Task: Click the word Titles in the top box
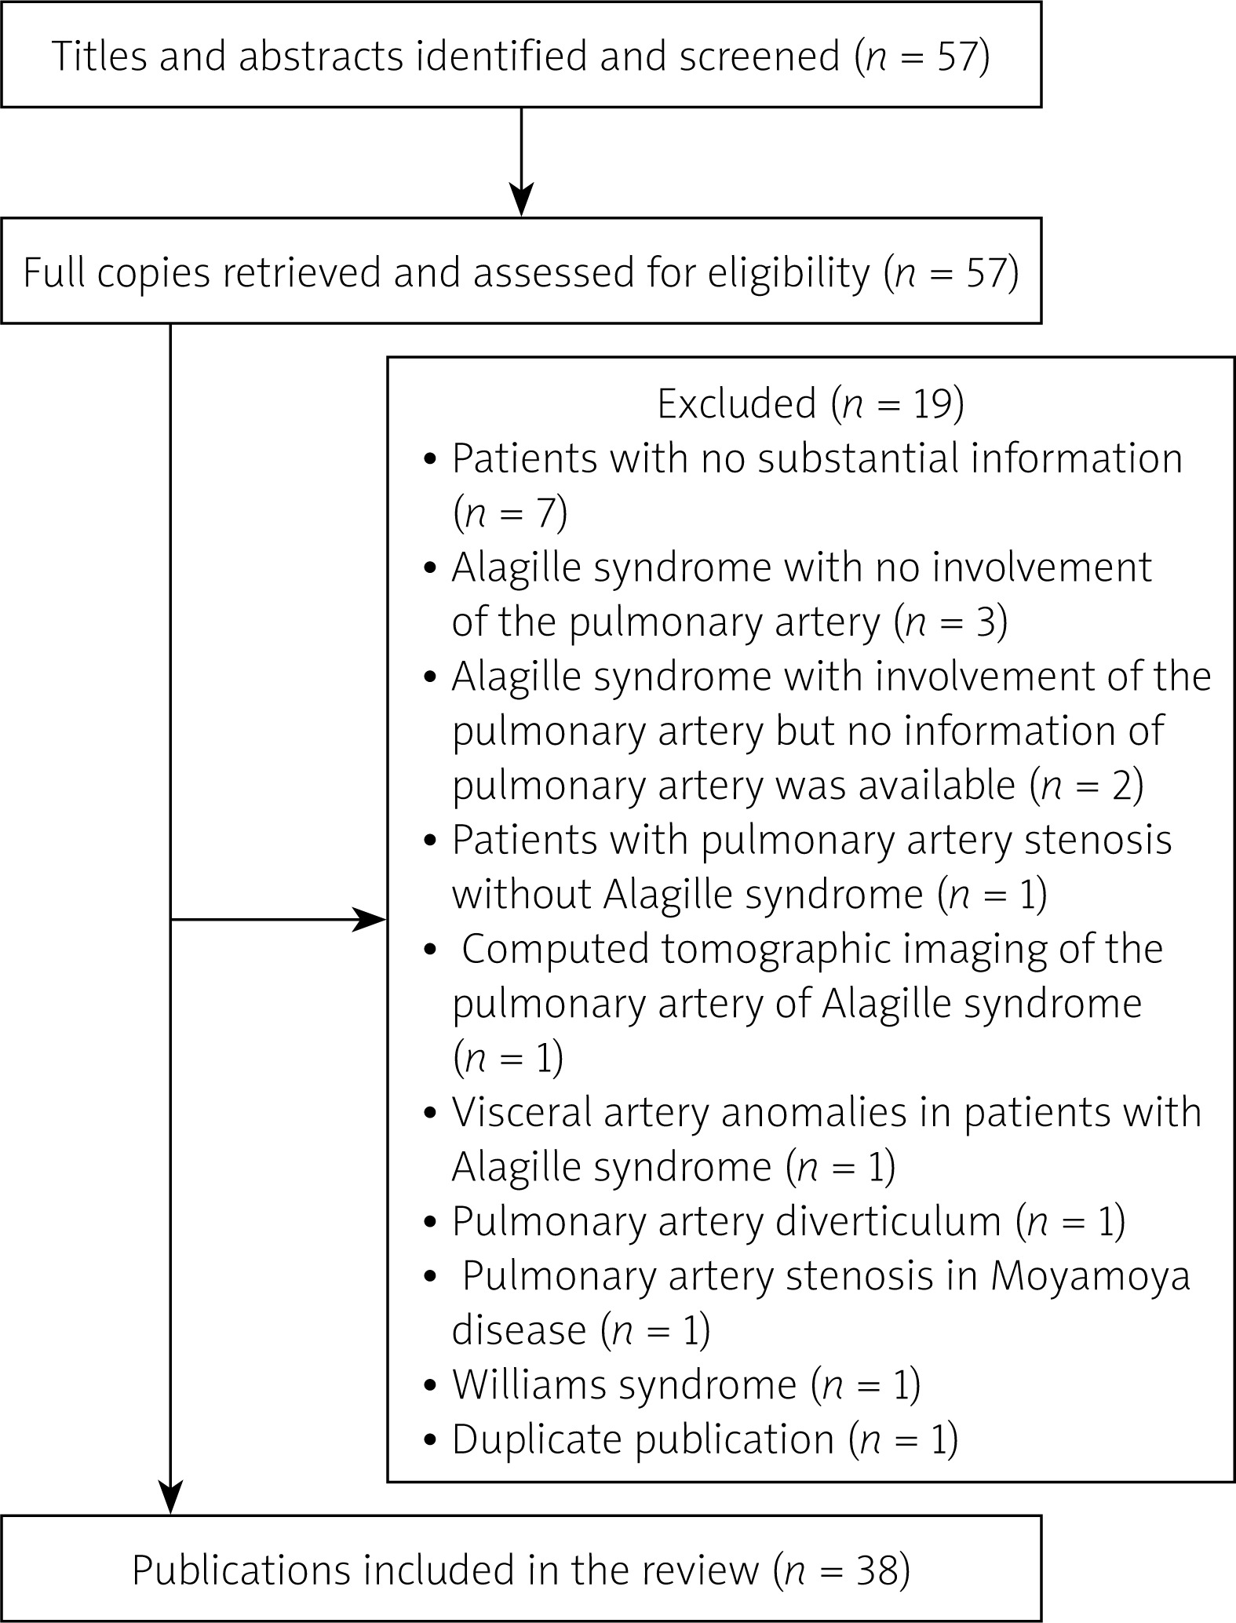pos(98,57)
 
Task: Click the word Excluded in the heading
pos(736,405)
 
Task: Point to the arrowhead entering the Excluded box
pos(370,919)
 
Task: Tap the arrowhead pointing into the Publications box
pos(170,1497)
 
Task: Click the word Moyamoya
pos(1090,1278)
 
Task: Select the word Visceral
pos(521,1114)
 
